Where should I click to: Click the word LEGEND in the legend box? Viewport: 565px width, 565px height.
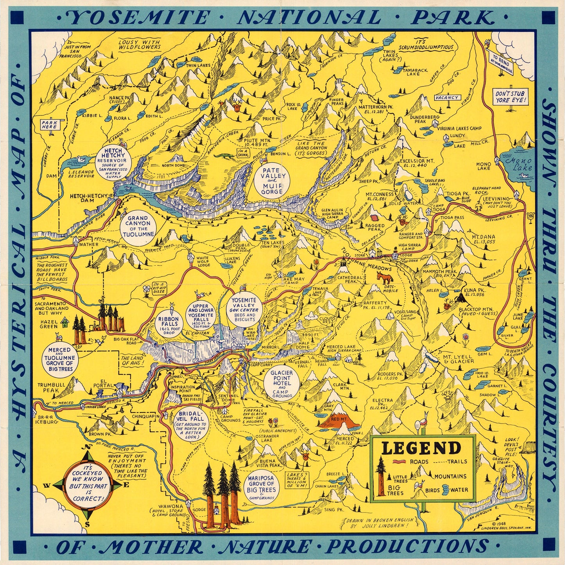(421, 448)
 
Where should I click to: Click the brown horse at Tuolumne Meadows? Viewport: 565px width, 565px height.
(384, 279)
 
